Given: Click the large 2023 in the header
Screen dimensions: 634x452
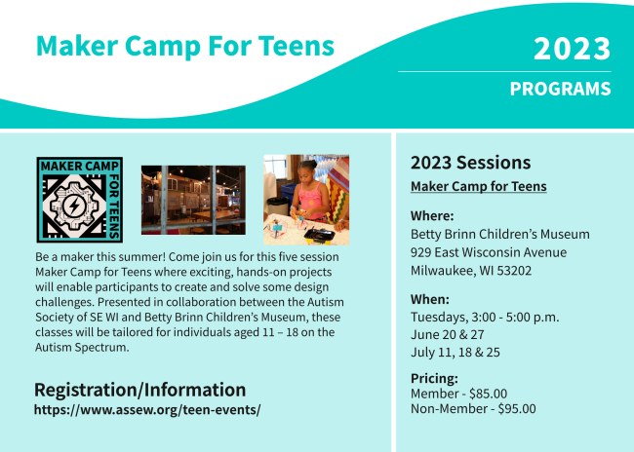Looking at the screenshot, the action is point(572,49).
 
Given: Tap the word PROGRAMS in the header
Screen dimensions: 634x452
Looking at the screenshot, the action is point(561,89).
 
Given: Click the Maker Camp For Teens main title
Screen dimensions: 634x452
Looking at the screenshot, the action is point(185,46).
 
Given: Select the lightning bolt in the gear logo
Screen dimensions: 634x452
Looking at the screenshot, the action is point(74,206).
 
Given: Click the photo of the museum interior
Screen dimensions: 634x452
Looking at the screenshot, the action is point(193,200).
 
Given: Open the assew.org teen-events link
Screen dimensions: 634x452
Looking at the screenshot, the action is point(147,409).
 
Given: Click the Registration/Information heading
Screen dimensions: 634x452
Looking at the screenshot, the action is point(139,391).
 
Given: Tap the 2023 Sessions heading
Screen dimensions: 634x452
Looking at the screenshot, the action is point(471,163).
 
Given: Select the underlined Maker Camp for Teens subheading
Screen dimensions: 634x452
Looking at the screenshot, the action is point(479,187).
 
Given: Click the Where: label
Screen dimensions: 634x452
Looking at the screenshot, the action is point(432,216).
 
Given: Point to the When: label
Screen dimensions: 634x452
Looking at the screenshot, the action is point(430,299).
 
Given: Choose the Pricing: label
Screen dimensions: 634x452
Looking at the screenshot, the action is point(434,379).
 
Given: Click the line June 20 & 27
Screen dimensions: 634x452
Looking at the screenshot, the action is point(448,335).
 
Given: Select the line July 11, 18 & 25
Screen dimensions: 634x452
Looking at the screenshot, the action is point(456,353).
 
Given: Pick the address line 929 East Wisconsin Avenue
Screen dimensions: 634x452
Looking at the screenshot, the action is point(489,252).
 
